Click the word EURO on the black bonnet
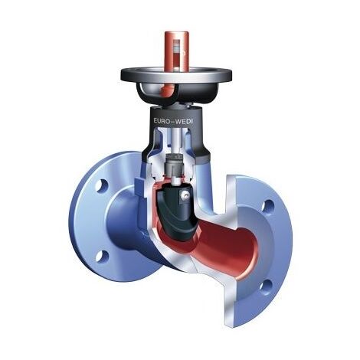pyautogui.click(x=162, y=121)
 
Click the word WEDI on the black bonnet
pyautogui.click(x=185, y=121)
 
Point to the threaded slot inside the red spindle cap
pyautogui.click(x=177, y=54)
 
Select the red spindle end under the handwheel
pyautogui.click(x=166, y=91)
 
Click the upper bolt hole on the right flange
pyautogui.click(x=268, y=206)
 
